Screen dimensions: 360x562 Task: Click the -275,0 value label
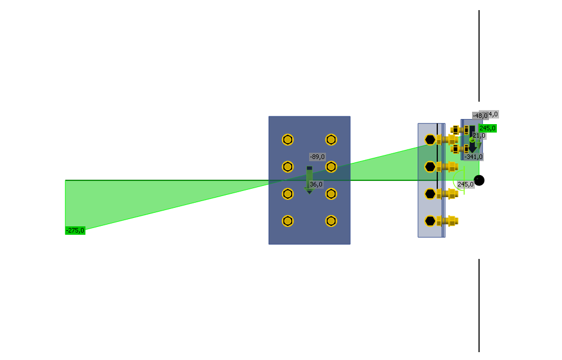coord(75,230)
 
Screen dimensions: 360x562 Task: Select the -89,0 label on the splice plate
coord(317,157)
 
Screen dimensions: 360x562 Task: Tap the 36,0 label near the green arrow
coord(316,184)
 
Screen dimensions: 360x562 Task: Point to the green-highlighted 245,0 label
coord(487,128)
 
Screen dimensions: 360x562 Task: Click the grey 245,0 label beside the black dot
coord(465,184)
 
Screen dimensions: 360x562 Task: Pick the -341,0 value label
coord(473,157)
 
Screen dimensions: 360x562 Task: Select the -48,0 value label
coord(480,115)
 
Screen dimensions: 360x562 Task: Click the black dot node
coord(479,180)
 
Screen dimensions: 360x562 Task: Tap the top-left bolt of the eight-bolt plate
coord(288,139)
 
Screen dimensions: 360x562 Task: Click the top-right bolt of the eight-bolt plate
coord(331,139)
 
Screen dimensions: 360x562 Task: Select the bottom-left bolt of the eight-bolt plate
coord(288,221)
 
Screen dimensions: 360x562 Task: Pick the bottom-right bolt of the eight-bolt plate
coord(331,221)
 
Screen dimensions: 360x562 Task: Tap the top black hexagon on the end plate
coord(430,139)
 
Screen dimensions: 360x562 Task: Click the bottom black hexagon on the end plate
coord(430,221)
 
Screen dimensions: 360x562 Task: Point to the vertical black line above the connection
coord(479,56)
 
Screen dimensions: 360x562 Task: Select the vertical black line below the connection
coord(479,306)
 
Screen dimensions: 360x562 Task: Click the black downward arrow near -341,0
coord(473,143)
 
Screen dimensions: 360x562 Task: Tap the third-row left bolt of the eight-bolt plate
coord(288,194)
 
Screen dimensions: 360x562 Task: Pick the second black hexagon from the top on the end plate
coord(430,166)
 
